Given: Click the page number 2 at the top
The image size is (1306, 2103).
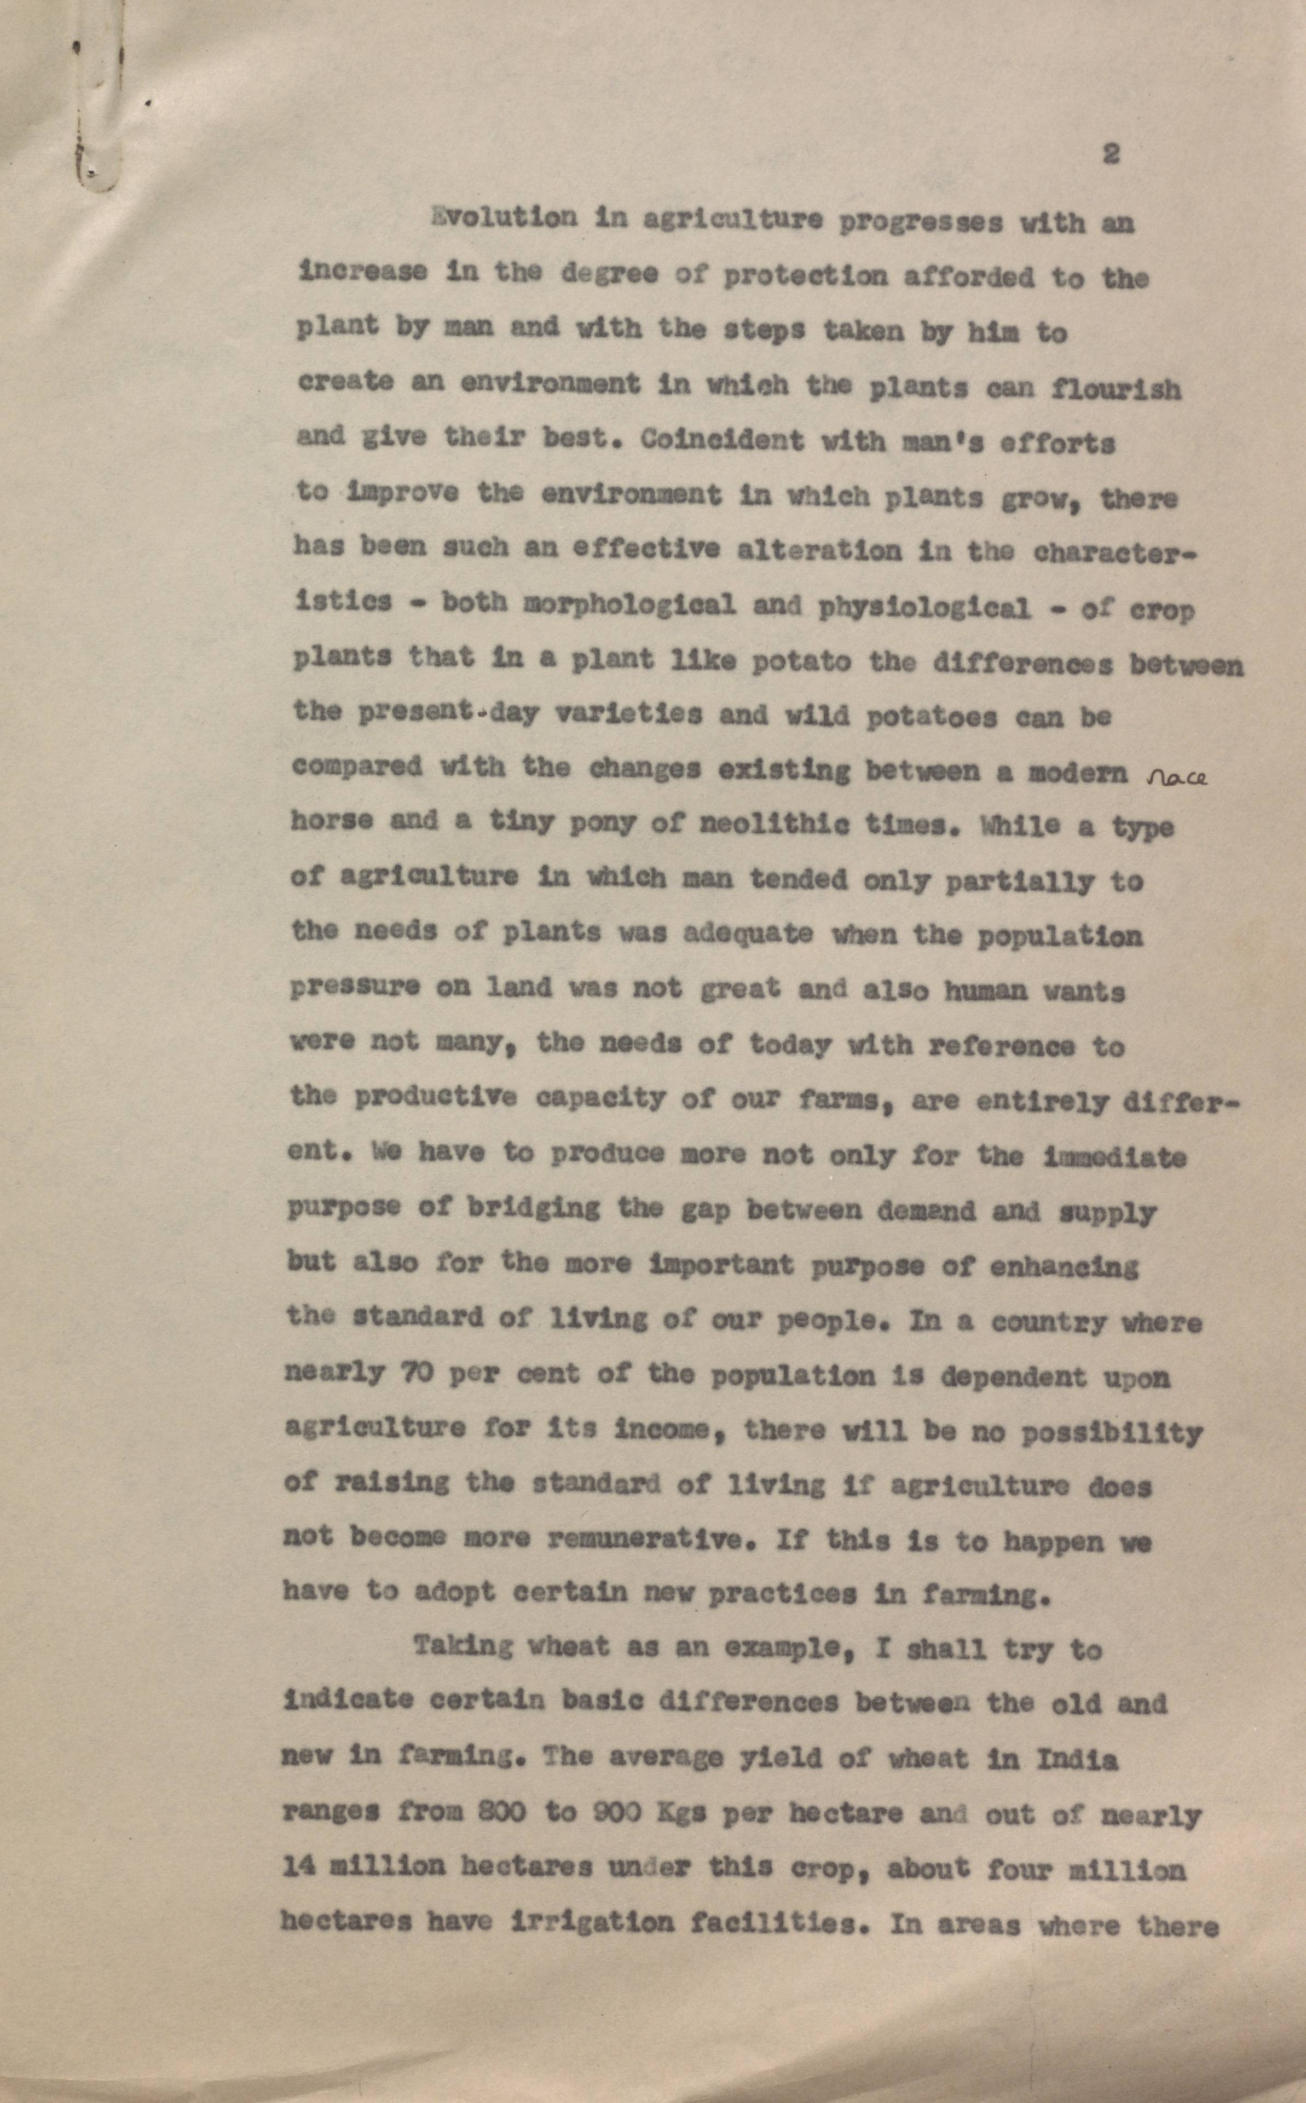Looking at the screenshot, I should click(1111, 155).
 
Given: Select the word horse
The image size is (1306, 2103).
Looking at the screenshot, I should click(332, 819).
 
